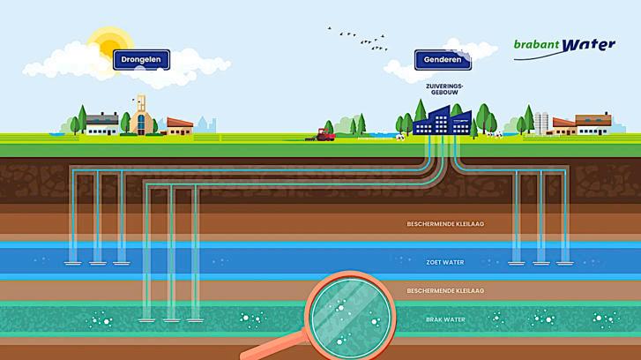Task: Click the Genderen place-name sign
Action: click(x=443, y=62)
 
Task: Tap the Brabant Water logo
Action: click(x=564, y=46)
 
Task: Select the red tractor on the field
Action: click(x=324, y=134)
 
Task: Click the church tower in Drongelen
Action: click(x=140, y=113)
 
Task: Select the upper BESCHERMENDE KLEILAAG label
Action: click(x=445, y=224)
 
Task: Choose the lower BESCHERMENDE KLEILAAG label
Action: click(x=445, y=290)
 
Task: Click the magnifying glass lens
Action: click(x=347, y=314)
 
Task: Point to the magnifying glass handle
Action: click(x=265, y=351)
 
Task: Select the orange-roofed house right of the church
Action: click(x=179, y=127)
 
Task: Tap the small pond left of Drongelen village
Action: click(x=56, y=134)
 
